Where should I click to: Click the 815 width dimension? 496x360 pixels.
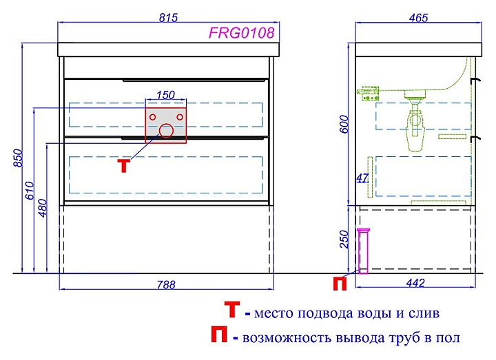click(168, 18)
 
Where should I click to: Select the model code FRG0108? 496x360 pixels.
click(241, 33)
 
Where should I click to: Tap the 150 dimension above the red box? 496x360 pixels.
click(165, 95)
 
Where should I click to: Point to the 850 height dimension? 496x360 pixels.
click(18, 158)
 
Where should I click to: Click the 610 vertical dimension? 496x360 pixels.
click(30, 190)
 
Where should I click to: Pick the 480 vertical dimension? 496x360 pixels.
click(43, 208)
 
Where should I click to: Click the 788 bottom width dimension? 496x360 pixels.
click(166, 285)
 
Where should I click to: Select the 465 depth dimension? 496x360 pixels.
click(418, 18)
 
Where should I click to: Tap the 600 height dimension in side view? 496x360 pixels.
click(345, 124)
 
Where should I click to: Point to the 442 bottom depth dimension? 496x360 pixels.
click(415, 283)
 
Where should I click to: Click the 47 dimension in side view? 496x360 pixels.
click(362, 178)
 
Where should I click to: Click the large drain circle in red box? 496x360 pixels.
click(166, 131)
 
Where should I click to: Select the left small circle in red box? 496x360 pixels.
click(152, 117)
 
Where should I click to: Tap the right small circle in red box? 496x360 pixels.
click(180, 117)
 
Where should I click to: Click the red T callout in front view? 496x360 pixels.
click(124, 166)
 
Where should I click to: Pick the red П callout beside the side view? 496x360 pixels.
click(340, 283)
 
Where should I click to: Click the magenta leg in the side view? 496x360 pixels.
click(364, 251)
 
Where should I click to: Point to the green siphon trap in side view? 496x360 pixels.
click(415, 127)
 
